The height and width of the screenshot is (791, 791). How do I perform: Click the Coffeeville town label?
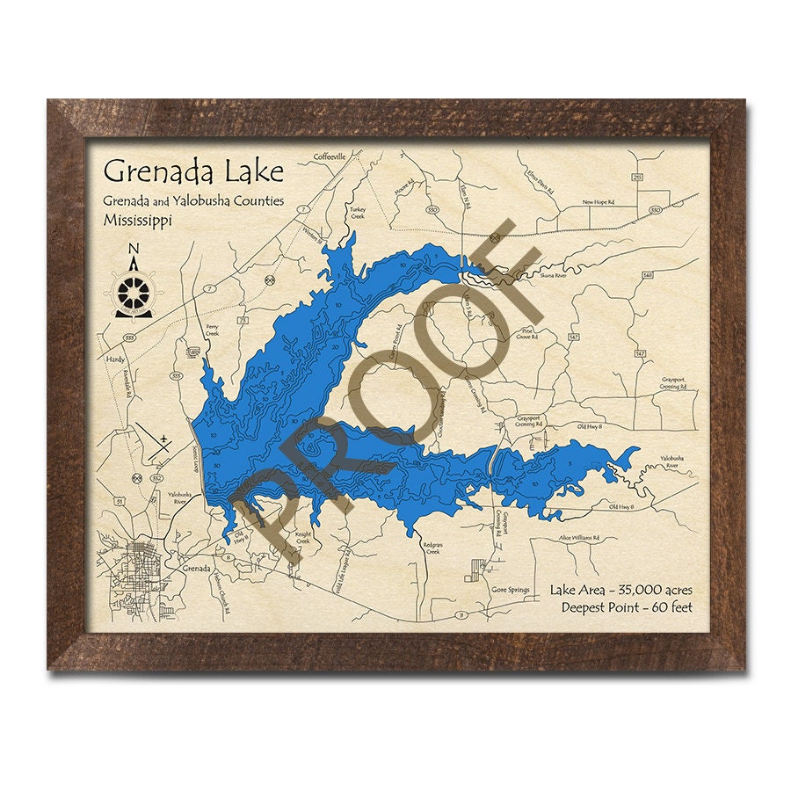click(x=332, y=156)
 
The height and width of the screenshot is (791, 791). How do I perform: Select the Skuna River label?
click(x=541, y=275)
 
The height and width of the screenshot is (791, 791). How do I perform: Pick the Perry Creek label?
click(x=212, y=331)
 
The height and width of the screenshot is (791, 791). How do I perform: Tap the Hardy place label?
click(x=115, y=359)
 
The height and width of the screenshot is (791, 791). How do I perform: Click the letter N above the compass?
click(x=134, y=247)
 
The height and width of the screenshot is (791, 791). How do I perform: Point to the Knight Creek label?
click(x=303, y=538)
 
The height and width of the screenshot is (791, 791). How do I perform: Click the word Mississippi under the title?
click(x=137, y=220)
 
